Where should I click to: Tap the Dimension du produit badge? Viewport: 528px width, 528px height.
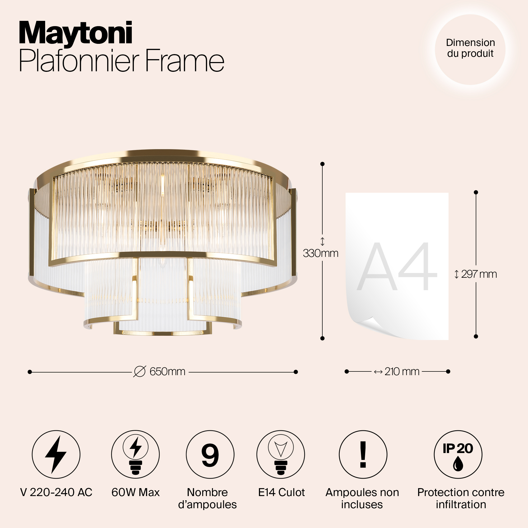470,49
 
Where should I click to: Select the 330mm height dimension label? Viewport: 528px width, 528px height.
320,253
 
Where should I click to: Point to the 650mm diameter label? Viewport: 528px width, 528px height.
167,372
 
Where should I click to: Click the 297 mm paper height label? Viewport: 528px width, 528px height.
479,274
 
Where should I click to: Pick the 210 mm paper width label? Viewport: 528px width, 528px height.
402,372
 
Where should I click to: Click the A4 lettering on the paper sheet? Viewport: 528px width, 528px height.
397,267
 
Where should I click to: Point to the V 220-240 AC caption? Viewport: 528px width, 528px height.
56,492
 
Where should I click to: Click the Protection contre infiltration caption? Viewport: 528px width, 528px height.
461,498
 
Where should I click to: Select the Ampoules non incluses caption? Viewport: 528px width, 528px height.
362,498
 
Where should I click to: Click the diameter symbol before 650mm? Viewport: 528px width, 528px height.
140,372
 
